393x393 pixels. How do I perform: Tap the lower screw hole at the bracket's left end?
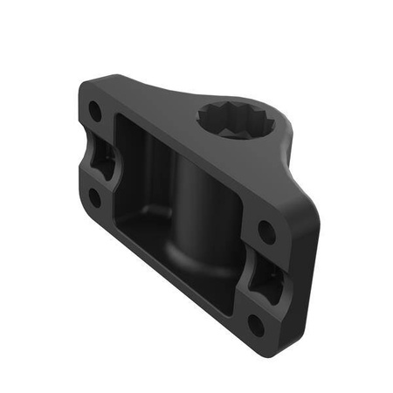(93, 196)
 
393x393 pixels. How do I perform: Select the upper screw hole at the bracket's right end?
(265, 233)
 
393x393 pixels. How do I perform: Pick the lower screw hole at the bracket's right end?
(255, 324)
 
